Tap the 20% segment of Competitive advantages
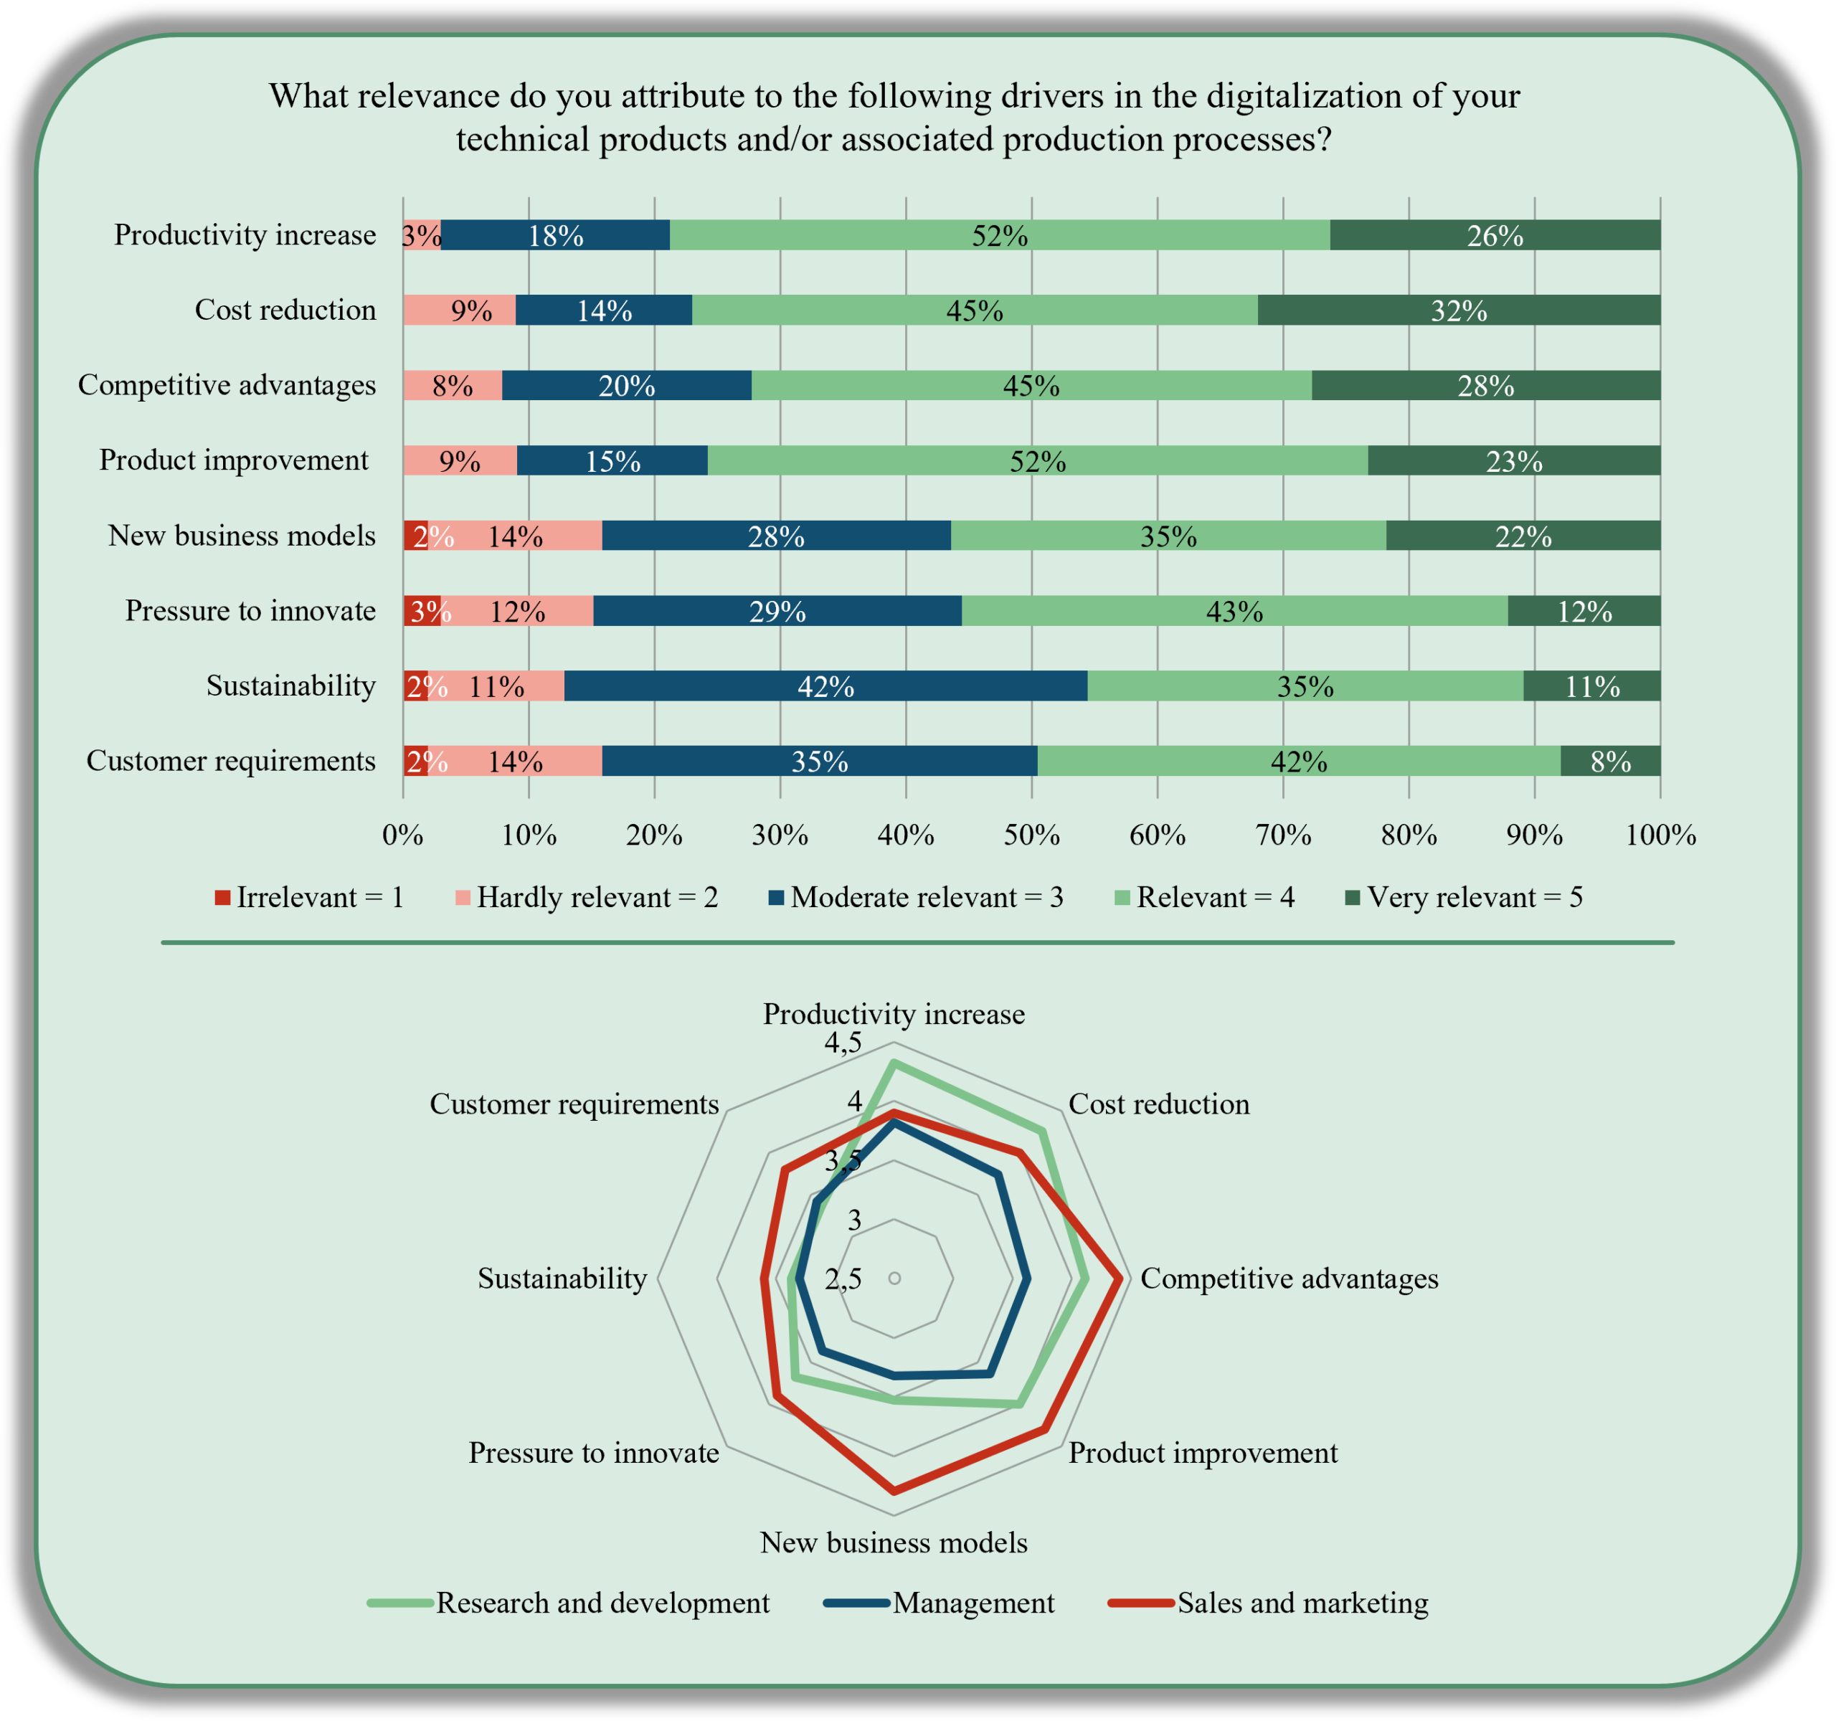(626, 385)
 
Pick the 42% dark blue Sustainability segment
(825, 686)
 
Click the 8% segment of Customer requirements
(1610, 761)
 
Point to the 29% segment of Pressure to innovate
(777, 611)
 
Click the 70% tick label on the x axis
(1283, 835)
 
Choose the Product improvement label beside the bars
(234, 460)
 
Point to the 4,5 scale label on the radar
(843, 1044)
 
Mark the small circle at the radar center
(894, 1278)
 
